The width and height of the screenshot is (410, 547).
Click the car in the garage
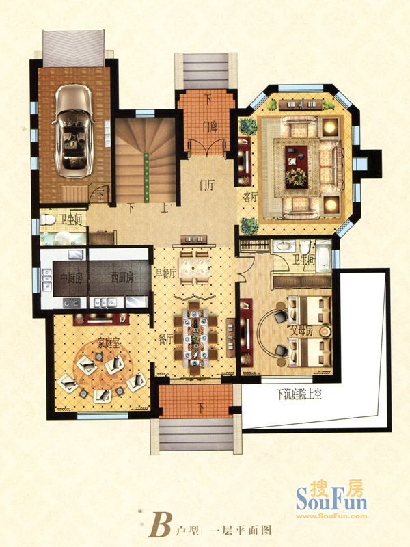[x=73, y=131]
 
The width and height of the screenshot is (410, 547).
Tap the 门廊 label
[x=210, y=126]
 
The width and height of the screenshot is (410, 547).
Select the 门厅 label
[x=207, y=185]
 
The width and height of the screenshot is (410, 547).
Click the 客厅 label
[x=249, y=197]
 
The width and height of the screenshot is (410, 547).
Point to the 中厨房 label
[x=71, y=278]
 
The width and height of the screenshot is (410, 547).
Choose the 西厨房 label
[x=122, y=278]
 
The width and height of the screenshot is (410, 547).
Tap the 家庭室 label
[x=109, y=344]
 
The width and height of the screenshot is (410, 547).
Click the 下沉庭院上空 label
[x=299, y=395]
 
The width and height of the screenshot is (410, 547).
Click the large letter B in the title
[x=160, y=524]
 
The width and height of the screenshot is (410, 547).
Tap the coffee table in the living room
[x=297, y=167]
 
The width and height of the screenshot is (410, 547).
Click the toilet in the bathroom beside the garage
[x=48, y=219]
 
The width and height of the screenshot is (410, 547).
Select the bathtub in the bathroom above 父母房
[x=323, y=257]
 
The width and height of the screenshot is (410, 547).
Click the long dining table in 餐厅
[x=195, y=338]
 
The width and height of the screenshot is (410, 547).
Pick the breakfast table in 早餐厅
[x=195, y=267]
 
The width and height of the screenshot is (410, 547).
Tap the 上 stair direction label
[x=164, y=209]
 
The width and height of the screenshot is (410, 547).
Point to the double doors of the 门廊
[x=208, y=147]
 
